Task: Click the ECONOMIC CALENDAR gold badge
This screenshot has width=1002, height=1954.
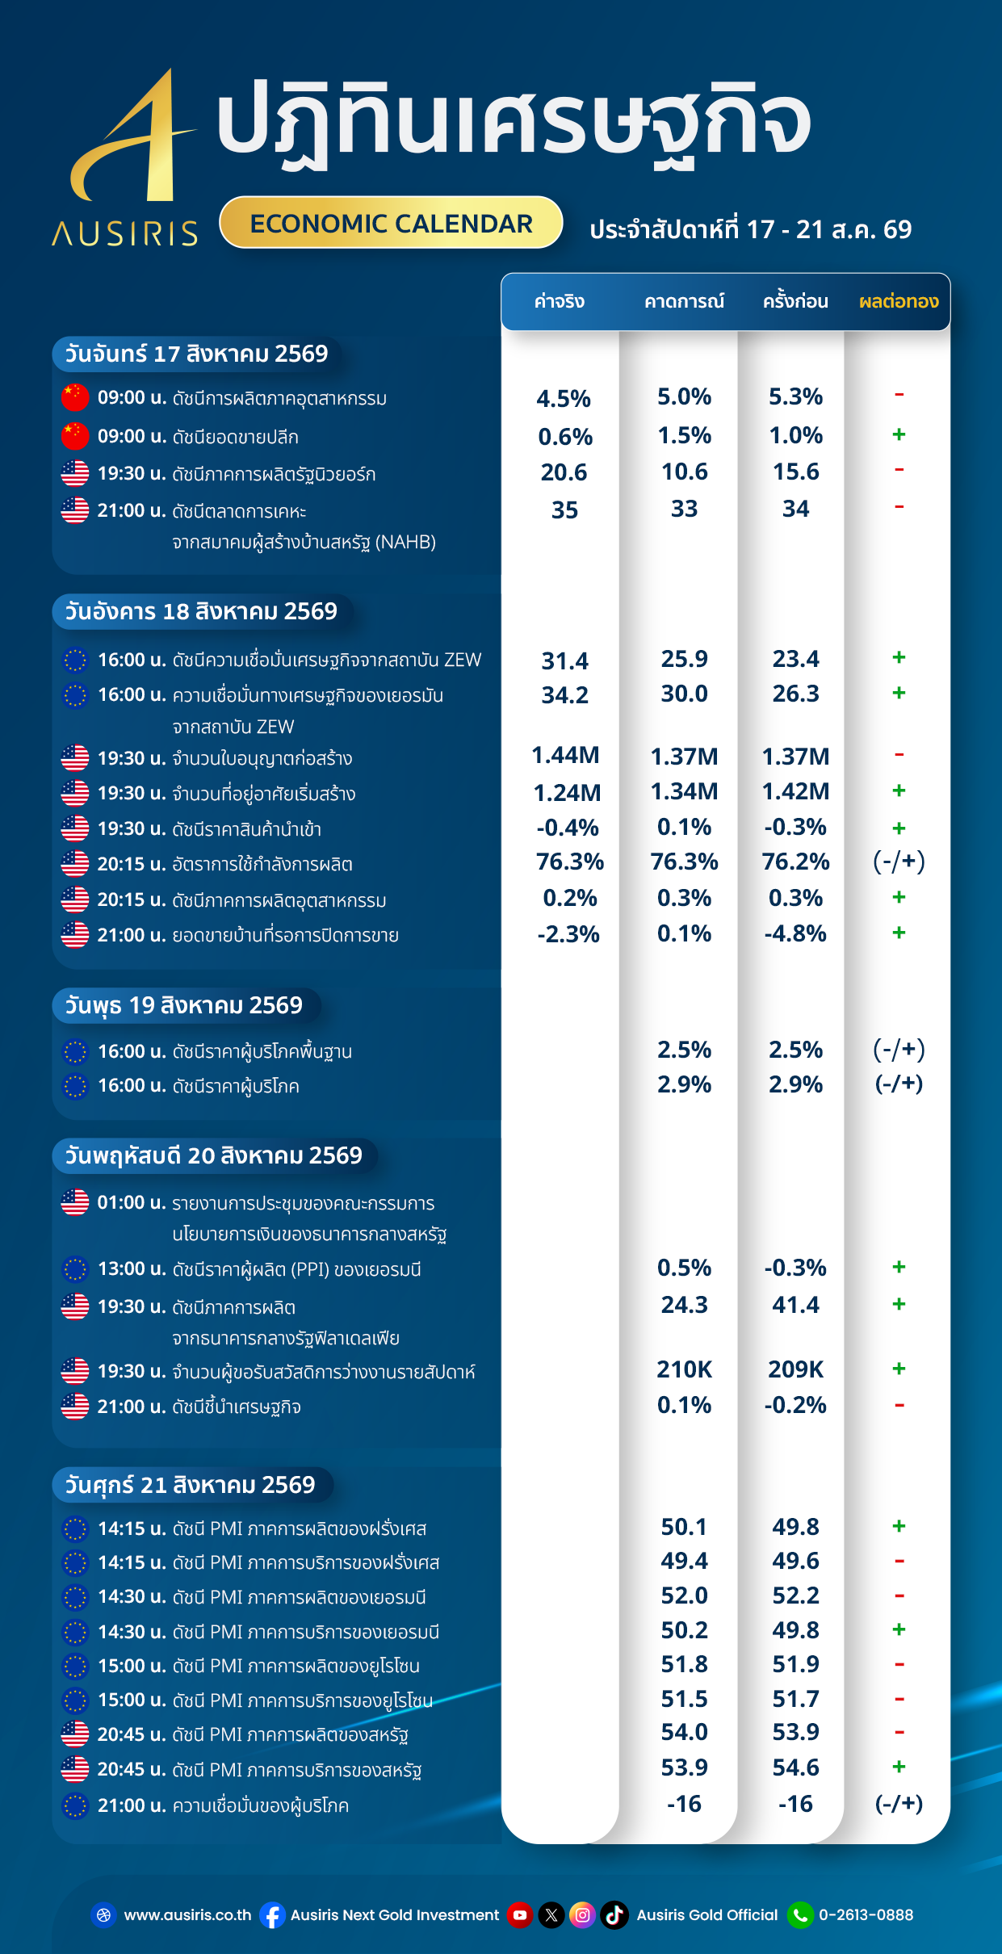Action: point(391,223)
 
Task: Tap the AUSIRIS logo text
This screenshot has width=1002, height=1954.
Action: point(125,234)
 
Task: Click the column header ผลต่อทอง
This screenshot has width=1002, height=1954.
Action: point(899,301)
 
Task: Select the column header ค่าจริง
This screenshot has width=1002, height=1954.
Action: point(560,301)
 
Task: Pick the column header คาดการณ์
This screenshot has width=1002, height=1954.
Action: point(684,301)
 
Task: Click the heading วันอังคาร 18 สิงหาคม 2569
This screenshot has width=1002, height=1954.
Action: point(201,611)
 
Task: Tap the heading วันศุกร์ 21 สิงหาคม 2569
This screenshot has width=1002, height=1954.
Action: point(190,1485)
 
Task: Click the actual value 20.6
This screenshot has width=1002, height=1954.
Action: point(564,472)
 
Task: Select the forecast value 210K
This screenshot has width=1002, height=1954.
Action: point(685,1369)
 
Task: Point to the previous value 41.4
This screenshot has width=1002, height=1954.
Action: point(796,1305)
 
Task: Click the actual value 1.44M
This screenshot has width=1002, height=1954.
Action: point(565,755)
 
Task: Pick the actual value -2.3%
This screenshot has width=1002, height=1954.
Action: point(568,934)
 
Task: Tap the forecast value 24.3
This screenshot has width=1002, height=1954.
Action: point(685,1305)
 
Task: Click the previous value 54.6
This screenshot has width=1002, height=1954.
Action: point(796,1767)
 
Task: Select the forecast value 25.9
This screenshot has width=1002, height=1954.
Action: point(685,659)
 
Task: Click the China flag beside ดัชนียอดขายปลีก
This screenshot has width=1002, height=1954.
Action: point(75,436)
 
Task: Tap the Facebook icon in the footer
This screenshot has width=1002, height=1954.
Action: point(273,1915)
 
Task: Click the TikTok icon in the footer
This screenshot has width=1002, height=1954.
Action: point(614,1914)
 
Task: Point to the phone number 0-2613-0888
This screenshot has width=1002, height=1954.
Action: point(866,1914)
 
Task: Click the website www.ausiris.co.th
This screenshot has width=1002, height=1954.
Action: point(188,1914)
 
